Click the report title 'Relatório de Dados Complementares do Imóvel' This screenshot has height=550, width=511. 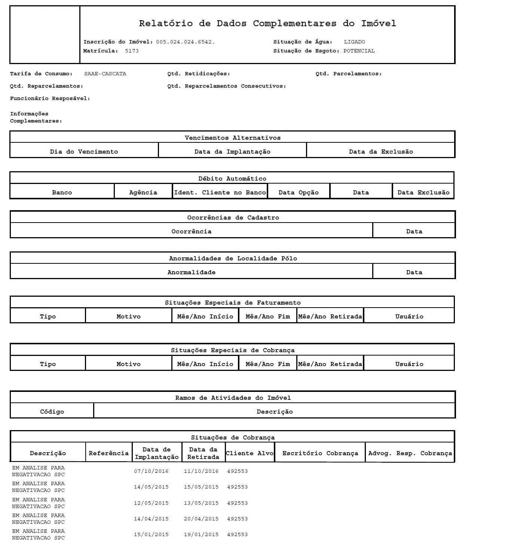click(267, 24)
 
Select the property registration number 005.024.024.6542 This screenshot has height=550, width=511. click(185, 42)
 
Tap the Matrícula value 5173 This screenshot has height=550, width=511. click(132, 51)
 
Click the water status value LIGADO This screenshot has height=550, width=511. click(354, 42)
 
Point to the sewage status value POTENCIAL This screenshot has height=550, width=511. click(359, 51)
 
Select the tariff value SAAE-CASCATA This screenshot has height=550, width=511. click(105, 74)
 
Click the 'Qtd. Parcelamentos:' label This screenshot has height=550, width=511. click(348, 74)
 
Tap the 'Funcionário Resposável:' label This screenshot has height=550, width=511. click(50, 99)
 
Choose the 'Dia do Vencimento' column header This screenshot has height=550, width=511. click(84, 152)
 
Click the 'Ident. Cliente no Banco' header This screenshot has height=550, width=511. click(220, 193)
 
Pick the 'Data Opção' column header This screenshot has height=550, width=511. click(299, 193)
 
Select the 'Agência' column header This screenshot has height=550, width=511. click(143, 193)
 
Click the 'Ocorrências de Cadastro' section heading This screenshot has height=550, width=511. click(233, 218)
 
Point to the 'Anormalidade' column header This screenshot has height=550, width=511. click(191, 272)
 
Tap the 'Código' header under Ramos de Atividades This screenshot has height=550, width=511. click(52, 412)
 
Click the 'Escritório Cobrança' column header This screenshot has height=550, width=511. click(320, 453)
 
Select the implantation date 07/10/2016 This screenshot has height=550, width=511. click(151, 471)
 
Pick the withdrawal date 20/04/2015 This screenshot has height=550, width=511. click(201, 519)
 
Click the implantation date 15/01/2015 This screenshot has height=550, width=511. click(151, 535)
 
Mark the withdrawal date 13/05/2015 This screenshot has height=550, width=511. click(201, 503)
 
